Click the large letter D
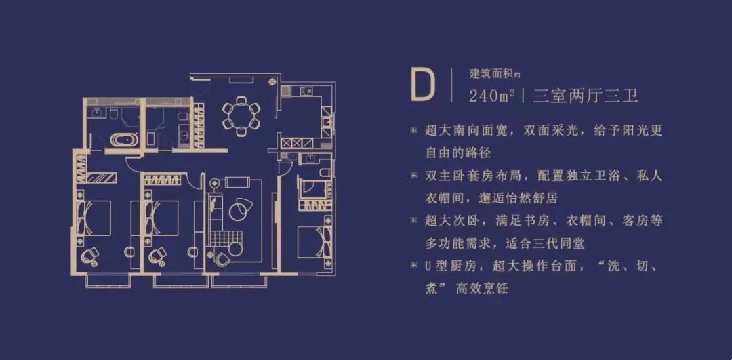click(x=422, y=85)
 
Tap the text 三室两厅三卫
click(x=586, y=97)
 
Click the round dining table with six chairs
click(x=241, y=115)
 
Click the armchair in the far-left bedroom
click(x=89, y=256)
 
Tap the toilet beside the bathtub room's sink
click(x=113, y=113)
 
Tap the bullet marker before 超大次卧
click(x=413, y=220)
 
